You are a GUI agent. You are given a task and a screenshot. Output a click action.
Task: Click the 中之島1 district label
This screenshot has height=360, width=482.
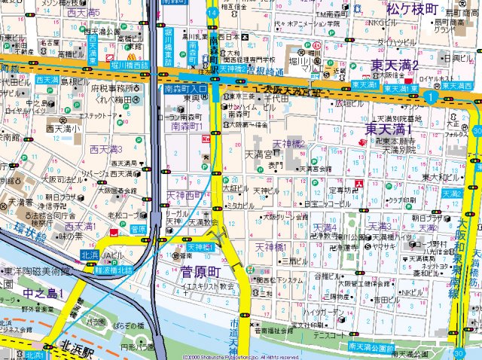click(x=43, y=292)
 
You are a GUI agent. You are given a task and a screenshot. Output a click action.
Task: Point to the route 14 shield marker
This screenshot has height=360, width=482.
click(x=213, y=13)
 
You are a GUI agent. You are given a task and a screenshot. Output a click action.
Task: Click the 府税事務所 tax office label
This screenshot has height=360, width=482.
click(x=113, y=87)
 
